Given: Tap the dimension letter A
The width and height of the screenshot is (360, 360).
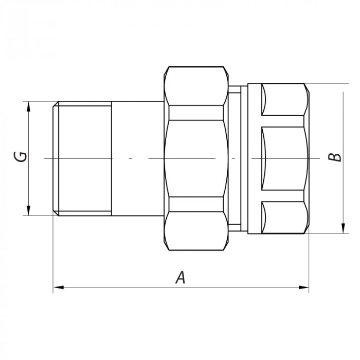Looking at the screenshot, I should point(180,278).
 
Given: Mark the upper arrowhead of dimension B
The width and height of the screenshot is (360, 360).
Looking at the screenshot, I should point(343,88).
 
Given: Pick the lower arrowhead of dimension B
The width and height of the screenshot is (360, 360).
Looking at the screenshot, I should point(343,230).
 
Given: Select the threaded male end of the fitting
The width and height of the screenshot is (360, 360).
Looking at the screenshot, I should point(82,158).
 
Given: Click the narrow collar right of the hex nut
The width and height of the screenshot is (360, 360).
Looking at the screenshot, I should point(235,158).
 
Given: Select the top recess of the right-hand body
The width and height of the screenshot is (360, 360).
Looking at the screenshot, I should point(283,100).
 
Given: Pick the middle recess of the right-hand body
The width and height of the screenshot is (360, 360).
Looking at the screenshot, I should point(283,158).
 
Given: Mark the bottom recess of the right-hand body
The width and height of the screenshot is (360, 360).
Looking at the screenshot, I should point(283,218).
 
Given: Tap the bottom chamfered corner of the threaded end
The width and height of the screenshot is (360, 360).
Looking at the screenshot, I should point(55,212).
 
